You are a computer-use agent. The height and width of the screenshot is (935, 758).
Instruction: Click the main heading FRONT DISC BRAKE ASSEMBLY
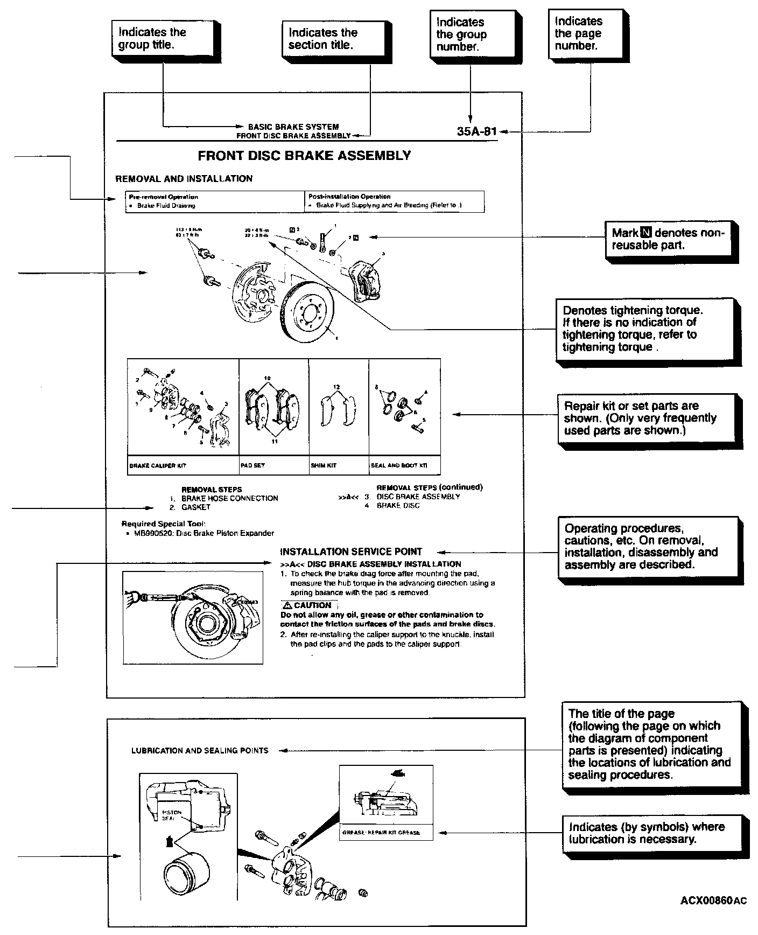click(304, 156)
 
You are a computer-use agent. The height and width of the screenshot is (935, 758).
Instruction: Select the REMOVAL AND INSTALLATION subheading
click(184, 179)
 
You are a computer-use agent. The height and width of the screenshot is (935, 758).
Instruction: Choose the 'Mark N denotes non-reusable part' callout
click(668, 239)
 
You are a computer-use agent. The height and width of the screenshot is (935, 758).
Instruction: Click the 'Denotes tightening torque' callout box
click(636, 329)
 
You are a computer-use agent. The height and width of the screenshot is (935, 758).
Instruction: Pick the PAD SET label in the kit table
click(252, 465)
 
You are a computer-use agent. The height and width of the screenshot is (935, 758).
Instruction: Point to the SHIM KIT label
click(324, 465)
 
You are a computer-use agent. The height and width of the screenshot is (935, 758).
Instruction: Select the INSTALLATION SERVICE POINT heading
click(351, 552)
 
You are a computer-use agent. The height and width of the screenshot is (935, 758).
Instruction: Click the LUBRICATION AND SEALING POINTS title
click(200, 750)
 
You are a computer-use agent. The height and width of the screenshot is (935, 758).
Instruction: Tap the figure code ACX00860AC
click(713, 900)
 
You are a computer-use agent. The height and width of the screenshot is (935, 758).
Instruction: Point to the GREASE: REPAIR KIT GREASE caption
click(381, 833)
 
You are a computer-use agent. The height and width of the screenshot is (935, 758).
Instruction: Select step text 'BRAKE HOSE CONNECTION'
click(229, 498)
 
